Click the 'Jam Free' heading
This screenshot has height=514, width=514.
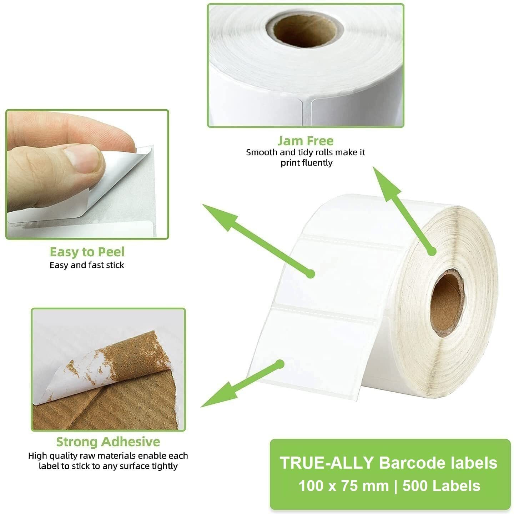pos(305,141)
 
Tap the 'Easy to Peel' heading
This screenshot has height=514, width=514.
pos(87,252)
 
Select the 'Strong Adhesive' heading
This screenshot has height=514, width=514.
pos(108,442)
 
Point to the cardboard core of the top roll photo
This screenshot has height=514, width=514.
pos(306,28)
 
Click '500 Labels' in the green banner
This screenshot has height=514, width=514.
pos(441,486)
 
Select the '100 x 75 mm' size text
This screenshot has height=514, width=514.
pos(343,486)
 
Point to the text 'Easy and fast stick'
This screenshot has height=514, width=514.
pos(87,265)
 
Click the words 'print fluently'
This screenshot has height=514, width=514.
pos(306,163)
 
